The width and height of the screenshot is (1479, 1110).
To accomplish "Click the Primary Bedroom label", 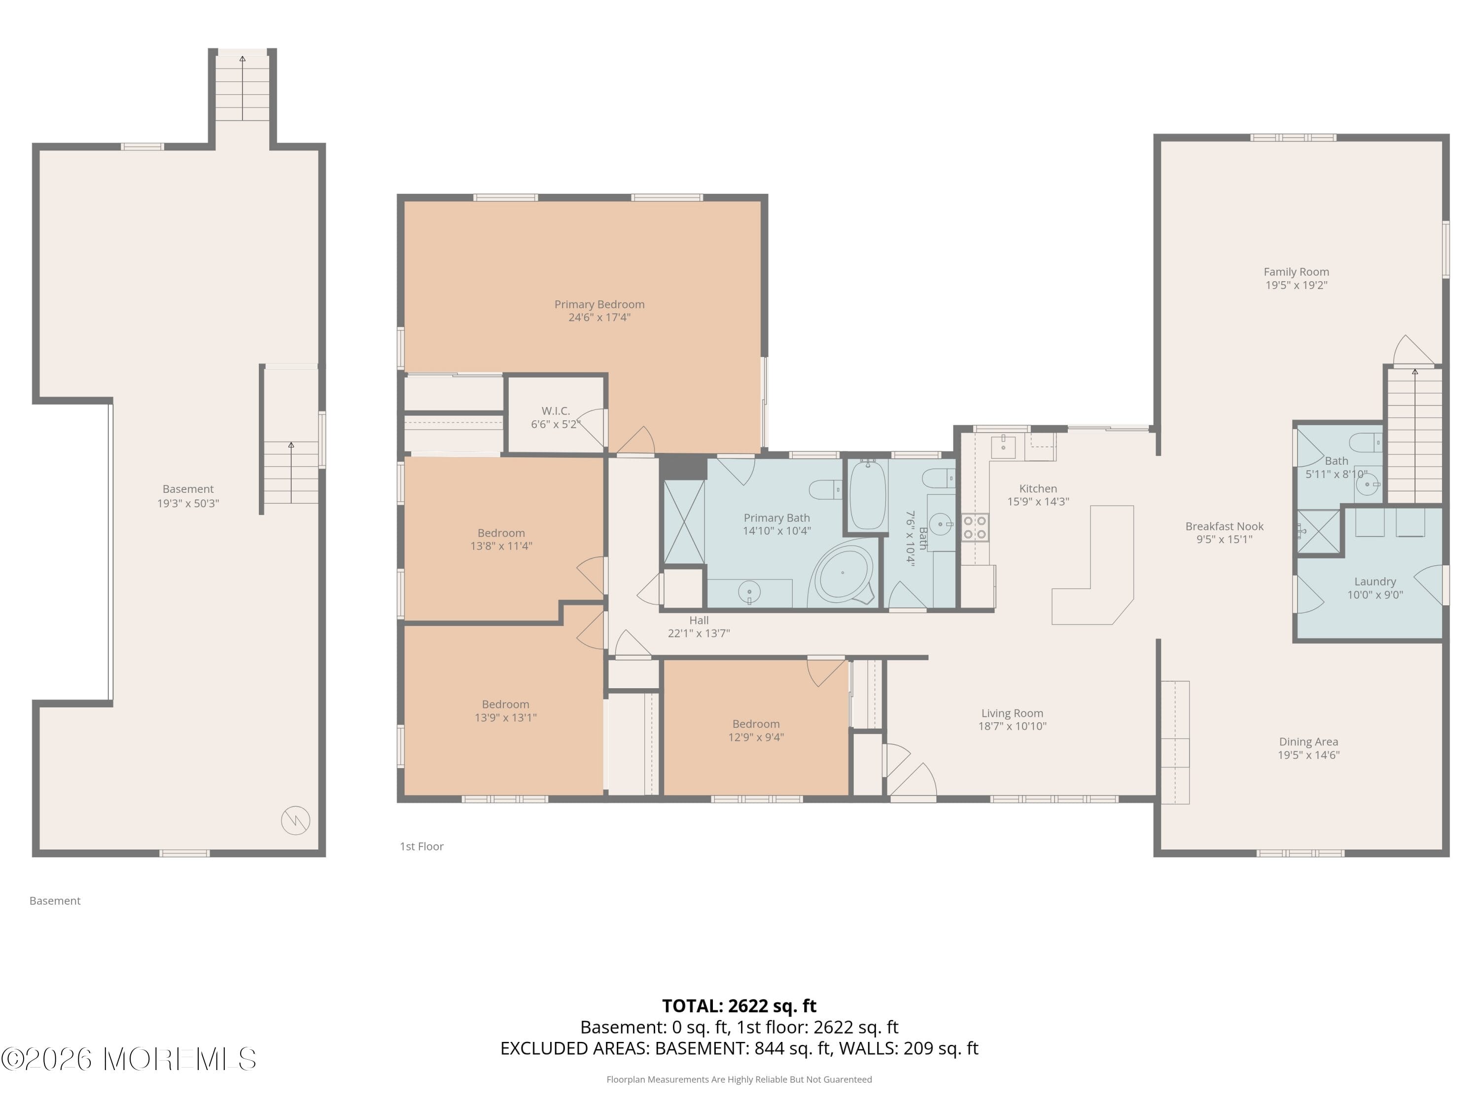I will pyautogui.click(x=599, y=304).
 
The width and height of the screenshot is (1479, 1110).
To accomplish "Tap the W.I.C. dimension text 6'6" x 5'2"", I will pyautogui.click(x=555, y=424).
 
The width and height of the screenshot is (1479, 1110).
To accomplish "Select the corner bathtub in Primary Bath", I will pyautogui.click(x=843, y=573).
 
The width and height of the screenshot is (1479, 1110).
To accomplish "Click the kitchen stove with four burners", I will pyautogui.click(x=975, y=527).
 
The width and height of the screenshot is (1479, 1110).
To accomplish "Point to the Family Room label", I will pyautogui.click(x=1296, y=272).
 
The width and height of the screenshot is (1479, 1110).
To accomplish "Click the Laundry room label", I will pyautogui.click(x=1374, y=582).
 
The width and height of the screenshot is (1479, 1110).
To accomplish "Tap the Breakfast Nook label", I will pyautogui.click(x=1224, y=526).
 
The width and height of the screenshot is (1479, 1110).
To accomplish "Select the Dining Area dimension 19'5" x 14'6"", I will pyautogui.click(x=1308, y=755).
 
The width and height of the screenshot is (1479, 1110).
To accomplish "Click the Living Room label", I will pyautogui.click(x=1012, y=713).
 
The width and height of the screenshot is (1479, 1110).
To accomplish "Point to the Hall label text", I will pyautogui.click(x=699, y=620).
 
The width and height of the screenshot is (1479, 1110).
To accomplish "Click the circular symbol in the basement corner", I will pyautogui.click(x=295, y=820).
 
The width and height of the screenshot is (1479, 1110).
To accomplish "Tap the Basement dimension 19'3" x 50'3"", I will pyautogui.click(x=188, y=503).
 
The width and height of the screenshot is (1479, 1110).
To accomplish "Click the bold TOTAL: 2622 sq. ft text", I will pyautogui.click(x=739, y=1005).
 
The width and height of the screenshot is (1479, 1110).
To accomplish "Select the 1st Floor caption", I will pyautogui.click(x=421, y=847).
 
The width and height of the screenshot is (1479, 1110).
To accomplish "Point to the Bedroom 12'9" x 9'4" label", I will pyautogui.click(x=756, y=724).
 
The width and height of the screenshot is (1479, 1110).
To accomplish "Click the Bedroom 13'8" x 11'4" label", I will pyautogui.click(x=501, y=533).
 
